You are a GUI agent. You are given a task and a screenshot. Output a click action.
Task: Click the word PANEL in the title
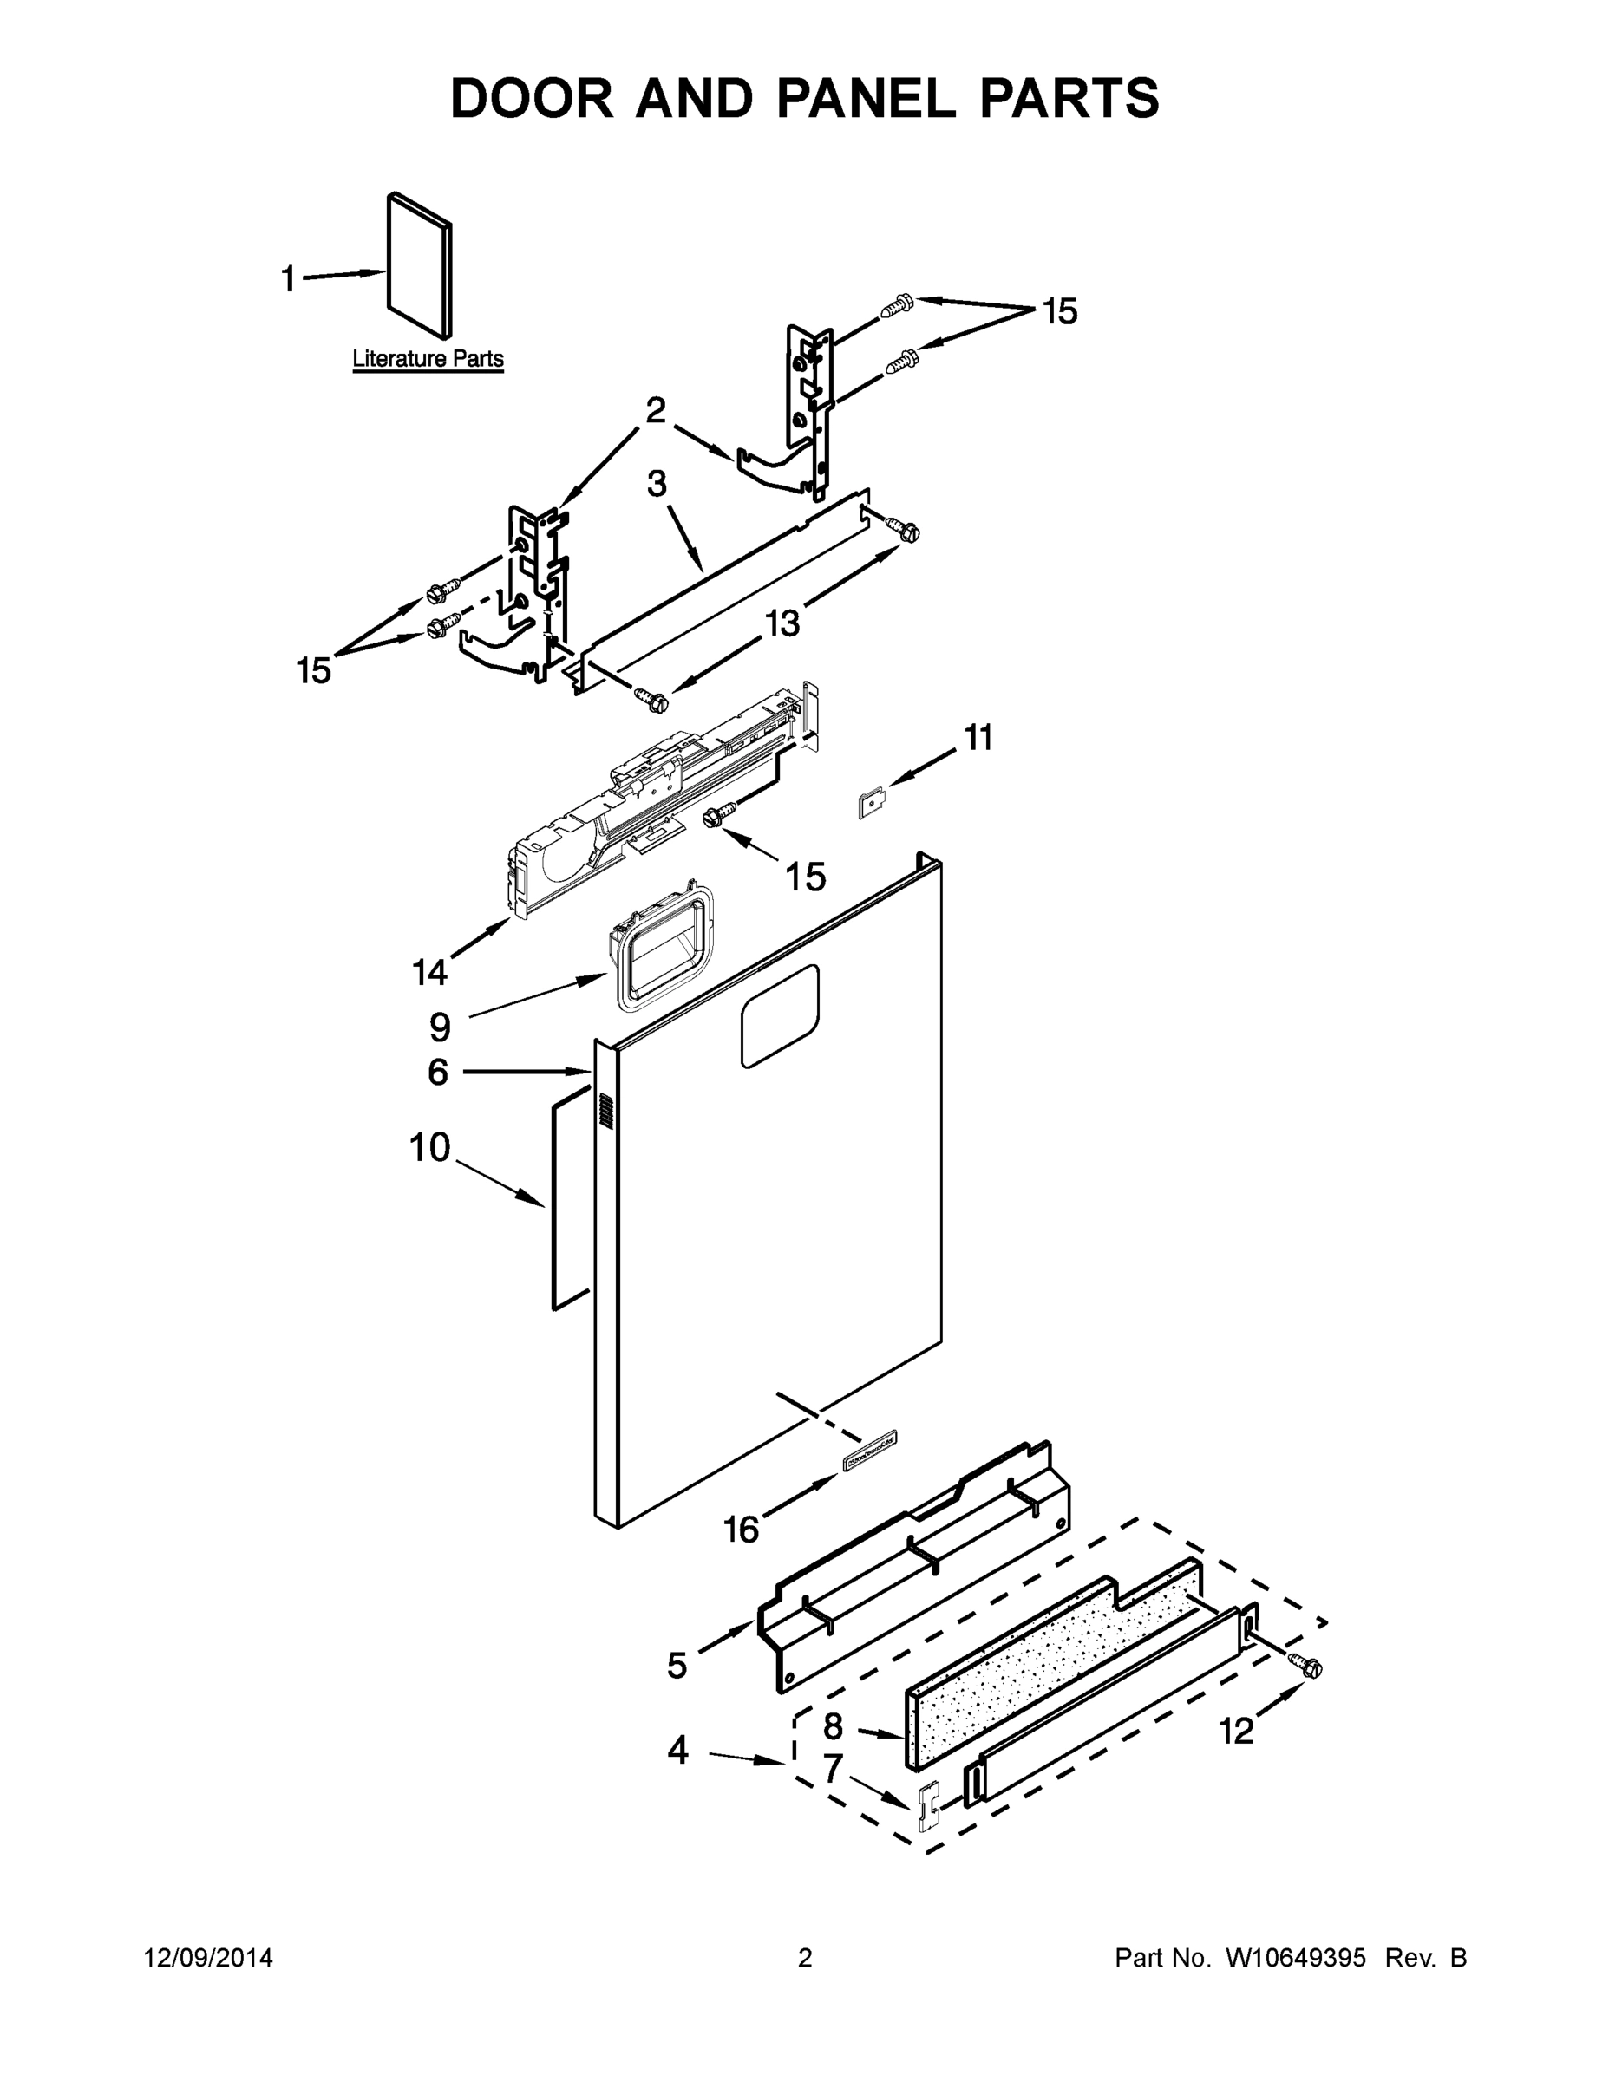(866, 98)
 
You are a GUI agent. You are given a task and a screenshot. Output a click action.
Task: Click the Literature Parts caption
(428, 359)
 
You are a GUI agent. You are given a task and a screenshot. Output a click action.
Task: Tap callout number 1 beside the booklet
(288, 279)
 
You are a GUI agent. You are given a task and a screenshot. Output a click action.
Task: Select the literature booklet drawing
(420, 266)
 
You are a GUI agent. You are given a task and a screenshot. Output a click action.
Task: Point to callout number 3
(657, 484)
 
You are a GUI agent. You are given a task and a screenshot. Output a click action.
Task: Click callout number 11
(978, 738)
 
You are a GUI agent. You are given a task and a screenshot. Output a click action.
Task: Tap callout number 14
(429, 972)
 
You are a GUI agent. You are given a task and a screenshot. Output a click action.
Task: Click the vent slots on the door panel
(605, 1112)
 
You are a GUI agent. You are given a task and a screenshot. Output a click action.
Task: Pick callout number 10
(429, 1147)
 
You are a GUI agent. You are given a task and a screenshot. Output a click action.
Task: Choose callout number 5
(677, 1665)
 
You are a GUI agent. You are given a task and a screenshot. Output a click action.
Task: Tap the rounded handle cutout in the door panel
(780, 1014)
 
